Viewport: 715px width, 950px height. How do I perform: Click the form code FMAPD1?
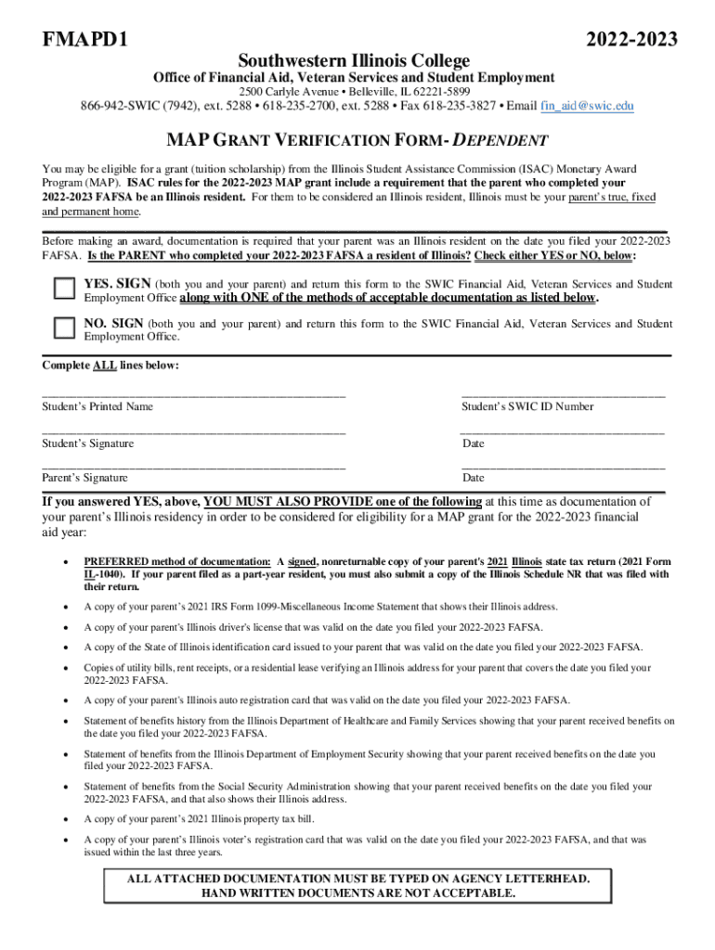[x=84, y=40]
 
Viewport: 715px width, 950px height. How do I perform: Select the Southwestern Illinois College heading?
[x=354, y=59]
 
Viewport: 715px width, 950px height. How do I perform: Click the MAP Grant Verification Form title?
[x=357, y=141]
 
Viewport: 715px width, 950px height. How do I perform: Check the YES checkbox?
[x=64, y=289]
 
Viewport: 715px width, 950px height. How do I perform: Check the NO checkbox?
[x=64, y=327]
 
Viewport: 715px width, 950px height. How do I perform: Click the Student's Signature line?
[x=193, y=431]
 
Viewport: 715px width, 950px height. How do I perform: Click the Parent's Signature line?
[x=193, y=466]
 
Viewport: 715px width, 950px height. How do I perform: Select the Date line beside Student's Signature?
[x=563, y=431]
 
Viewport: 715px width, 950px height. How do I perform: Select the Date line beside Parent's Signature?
[x=563, y=466]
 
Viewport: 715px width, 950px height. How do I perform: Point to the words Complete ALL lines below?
[x=110, y=366]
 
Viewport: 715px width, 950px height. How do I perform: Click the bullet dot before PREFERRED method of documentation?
[x=64, y=562]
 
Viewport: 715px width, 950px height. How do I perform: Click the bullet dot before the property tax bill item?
[x=64, y=819]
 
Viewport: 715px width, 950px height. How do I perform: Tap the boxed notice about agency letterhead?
[x=357, y=886]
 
